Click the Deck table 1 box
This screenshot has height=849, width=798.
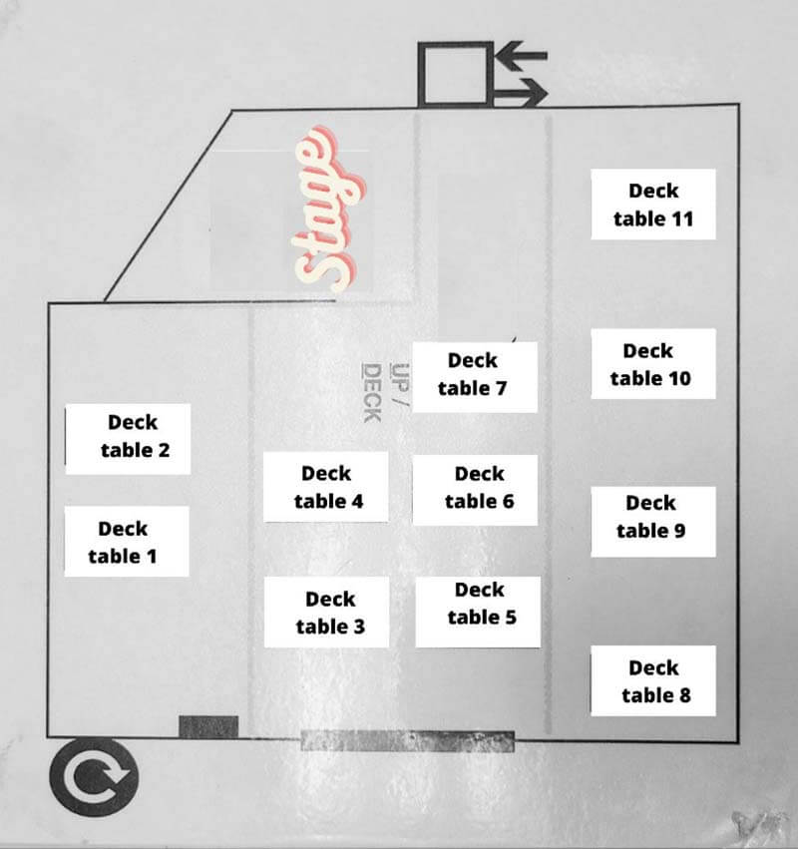pyautogui.click(x=127, y=542)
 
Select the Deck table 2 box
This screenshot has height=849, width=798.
pyautogui.click(x=128, y=439)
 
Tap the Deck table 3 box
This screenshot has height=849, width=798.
pyautogui.click(x=326, y=612)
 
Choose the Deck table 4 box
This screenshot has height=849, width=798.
pyautogui.click(x=326, y=487)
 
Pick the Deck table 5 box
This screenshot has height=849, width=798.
pyautogui.click(x=478, y=612)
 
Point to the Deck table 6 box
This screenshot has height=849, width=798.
pyautogui.click(x=476, y=490)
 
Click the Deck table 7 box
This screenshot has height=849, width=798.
pyautogui.click(x=476, y=377)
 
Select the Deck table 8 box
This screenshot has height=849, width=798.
pyautogui.click(x=653, y=680)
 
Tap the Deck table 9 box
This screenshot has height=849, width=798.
pyautogui.click(x=653, y=522)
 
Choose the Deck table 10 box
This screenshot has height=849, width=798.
pyautogui.click(x=653, y=364)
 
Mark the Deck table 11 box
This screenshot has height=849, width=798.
pyautogui.click(x=653, y=205)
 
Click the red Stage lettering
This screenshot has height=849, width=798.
pyautogui.click(x=330, y=210)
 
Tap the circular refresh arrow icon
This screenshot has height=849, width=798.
pyautogui.click(x=94, y=777)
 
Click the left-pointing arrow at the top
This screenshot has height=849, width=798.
pyautogui.click(x=522, y=56)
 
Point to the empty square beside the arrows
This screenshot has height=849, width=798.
pyautogui.click(x=455, y=74)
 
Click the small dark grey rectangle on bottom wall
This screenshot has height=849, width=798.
pyautogui.click(x=208, y=726)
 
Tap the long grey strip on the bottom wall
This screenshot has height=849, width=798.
pyautogui.click(x=408, y=740)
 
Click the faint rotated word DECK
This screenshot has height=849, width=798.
pyautogui.click(x=372, y=393)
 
